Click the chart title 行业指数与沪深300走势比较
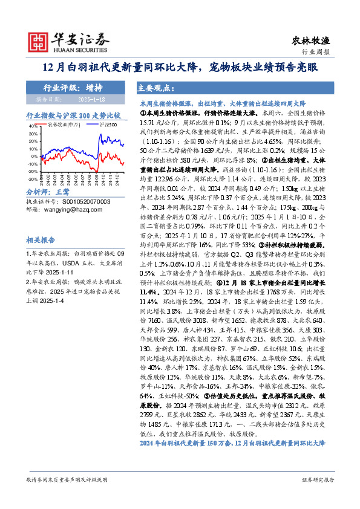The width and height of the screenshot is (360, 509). [x=74, y=114]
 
